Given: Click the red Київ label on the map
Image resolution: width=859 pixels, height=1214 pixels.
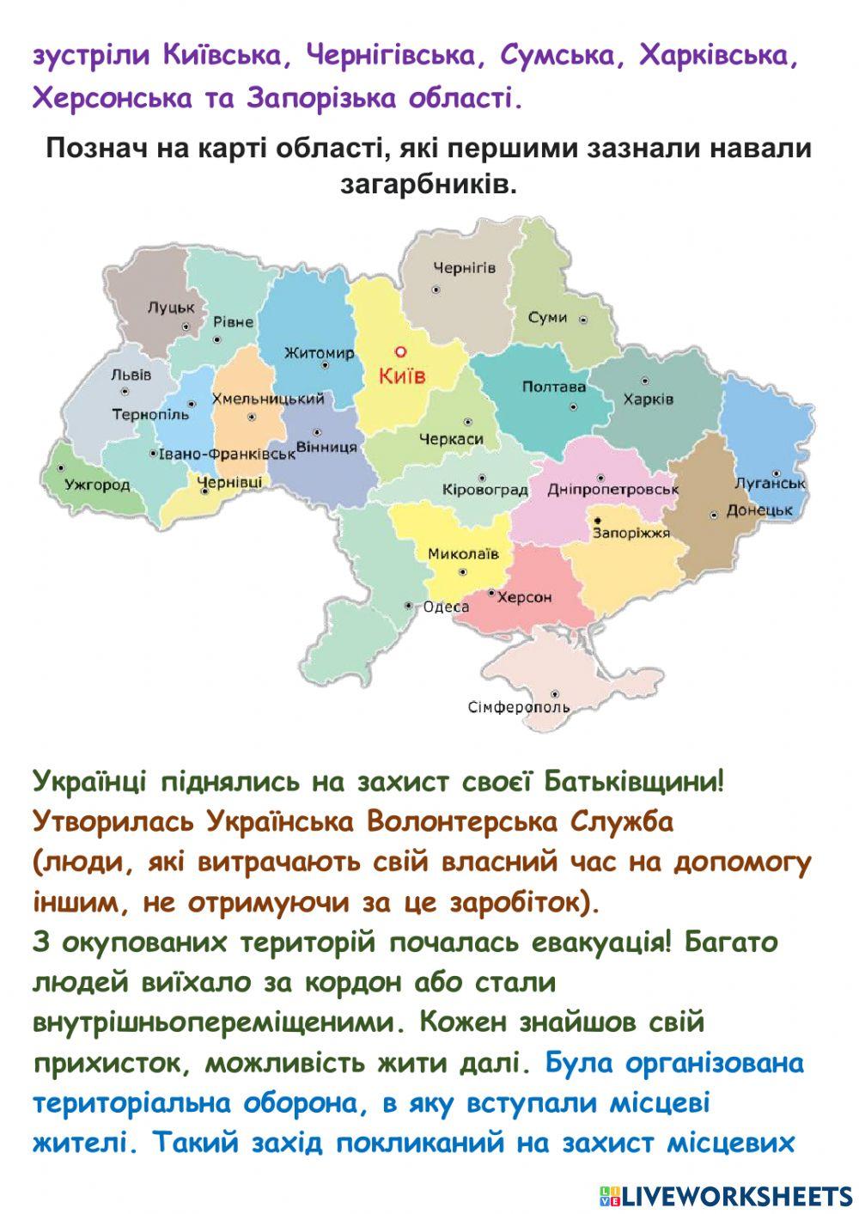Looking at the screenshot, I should (x=403, y=375).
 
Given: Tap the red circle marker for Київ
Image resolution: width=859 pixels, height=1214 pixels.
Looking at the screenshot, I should (x=399, y=351).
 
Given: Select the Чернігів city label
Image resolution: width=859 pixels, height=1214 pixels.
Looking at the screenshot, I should (x=464, y=268).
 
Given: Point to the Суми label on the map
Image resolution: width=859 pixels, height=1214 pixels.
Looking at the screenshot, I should (x=547, y=317).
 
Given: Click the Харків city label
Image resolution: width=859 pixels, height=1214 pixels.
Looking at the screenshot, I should (x=649, y=399).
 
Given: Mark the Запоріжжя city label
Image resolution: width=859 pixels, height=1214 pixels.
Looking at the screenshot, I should (x=631, y=533).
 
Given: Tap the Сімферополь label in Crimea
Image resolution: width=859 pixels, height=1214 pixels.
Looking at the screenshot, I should (x=519, y=707).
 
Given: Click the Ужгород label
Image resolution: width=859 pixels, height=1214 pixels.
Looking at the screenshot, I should (x=97, y=485).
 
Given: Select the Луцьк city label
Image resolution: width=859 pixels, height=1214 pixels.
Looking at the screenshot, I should (x=171, y=307).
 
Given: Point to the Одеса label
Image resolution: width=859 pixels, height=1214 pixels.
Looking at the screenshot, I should (x=447, y=607).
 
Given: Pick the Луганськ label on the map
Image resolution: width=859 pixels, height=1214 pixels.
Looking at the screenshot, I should (x=771, y=484).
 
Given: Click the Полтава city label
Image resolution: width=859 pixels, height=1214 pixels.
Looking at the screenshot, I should (x=554, y=387).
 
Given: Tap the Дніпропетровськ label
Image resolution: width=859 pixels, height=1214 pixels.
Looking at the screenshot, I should (x=613, y=490).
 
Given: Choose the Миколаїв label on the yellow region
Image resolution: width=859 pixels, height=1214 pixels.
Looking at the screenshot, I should (x=463, y=553).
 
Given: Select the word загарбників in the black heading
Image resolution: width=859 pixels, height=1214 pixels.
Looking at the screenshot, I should (x=429, y=183).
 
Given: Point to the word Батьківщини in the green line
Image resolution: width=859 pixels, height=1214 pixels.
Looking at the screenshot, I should (x=629, y=781).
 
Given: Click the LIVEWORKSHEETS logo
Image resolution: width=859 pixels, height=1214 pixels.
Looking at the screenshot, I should (x=725, y=1195).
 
